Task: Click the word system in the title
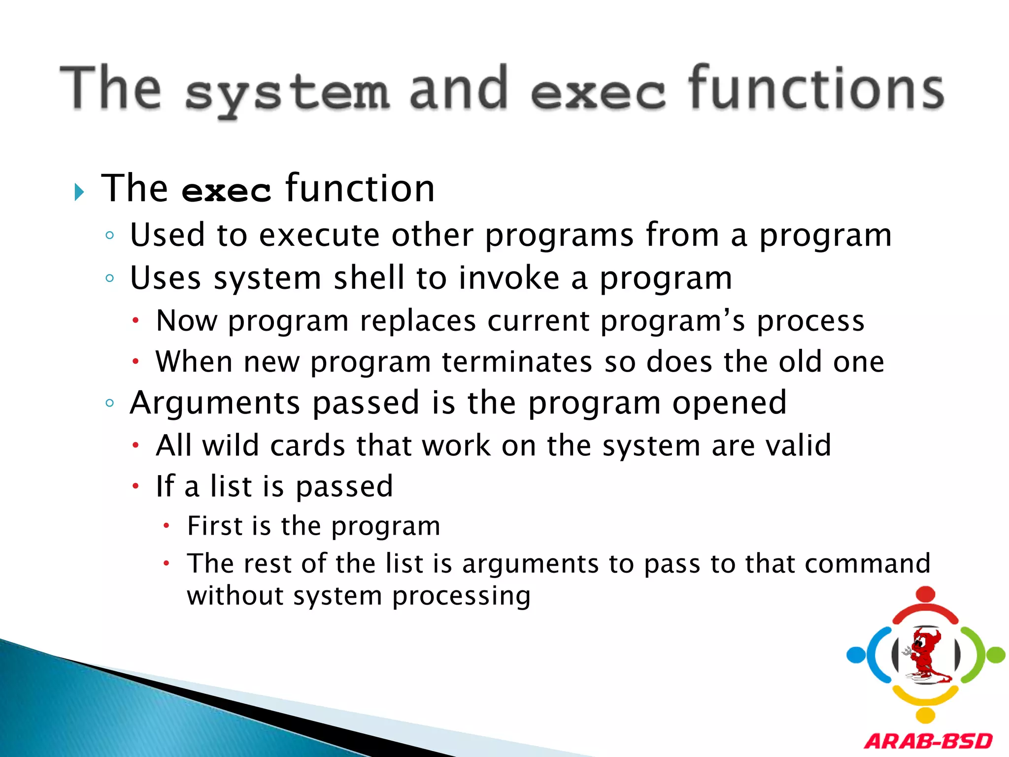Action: tap(287, 92)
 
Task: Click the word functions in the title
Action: tap(816, 89)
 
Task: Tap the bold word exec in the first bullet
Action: tap(226, 191)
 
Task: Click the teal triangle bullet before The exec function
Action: tap(79, 192)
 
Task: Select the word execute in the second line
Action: tap(319, 235)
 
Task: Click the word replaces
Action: tap(418, 321)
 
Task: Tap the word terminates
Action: tap(517, 362)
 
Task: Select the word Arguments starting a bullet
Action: tap(215, 404)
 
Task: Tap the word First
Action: tap(215, 526)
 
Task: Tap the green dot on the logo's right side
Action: tap(996, 655)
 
